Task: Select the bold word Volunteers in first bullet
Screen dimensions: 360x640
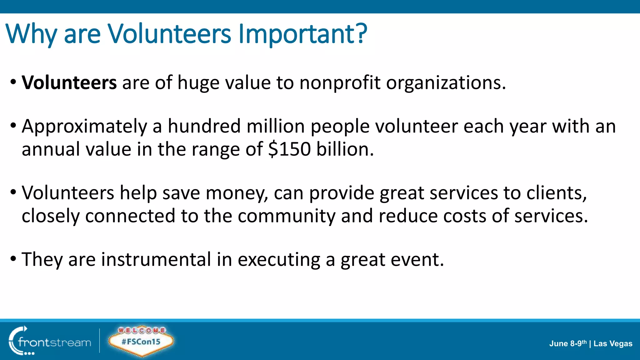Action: (x=69, y=83)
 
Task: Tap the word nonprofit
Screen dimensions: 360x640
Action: (x=340, y=83)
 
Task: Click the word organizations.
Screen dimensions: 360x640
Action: (x=446, y=83)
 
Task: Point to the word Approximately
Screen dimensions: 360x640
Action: (x=84, y=127)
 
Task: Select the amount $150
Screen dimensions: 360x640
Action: (x=289, y=149)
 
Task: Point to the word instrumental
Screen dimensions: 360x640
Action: (x=156, y=259)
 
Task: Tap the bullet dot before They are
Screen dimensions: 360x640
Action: (x=13, y=259)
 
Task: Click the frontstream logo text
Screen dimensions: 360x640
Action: (x=54, y=342)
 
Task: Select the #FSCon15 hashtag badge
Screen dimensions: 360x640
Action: (x=141, y=341)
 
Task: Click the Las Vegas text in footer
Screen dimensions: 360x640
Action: (x=613, y=344)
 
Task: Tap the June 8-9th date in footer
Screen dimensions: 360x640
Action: (x=568, y=344)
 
